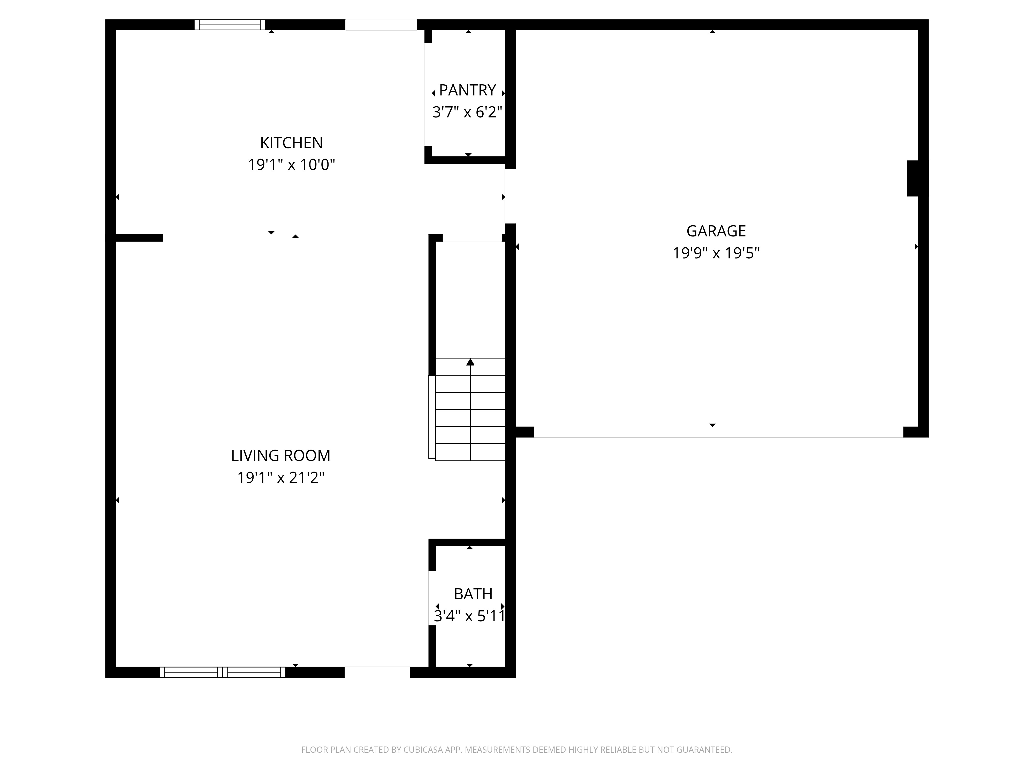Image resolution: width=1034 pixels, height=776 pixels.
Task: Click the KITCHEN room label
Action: (x=291, y=143)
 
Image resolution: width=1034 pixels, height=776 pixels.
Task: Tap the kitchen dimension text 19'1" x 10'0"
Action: (x=291, y=165)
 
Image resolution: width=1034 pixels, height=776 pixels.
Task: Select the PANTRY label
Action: (x=467, y=90)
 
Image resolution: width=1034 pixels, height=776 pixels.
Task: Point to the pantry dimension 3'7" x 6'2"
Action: (x=467, y=112)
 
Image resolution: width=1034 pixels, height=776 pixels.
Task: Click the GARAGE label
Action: (x=716, y=231)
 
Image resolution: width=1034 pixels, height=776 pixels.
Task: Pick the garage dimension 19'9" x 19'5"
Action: (x=716, y=253)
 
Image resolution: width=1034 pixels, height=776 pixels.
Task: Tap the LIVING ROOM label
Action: (x=280, y=456)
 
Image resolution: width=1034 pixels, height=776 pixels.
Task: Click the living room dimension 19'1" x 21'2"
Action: (x=280, y=477)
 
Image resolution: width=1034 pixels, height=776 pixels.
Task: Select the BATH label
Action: (x=473, y=594)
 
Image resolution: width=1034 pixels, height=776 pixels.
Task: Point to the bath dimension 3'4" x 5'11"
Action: (x=470, y=616)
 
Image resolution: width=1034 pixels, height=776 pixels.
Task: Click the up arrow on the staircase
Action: (x=470, y=362)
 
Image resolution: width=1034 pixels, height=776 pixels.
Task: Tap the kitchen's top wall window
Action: (x=230, y=25)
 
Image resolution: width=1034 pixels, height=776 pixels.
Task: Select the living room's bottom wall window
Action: (x=223, y=672)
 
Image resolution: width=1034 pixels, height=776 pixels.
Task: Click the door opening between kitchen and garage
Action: (x=510, y=196)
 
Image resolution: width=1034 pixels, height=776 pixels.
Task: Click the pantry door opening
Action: (x=428, y=94)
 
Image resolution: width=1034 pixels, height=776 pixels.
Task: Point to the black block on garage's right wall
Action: (x=917, y=178)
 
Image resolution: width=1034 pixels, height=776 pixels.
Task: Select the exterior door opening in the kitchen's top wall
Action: (x=381, y=25)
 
